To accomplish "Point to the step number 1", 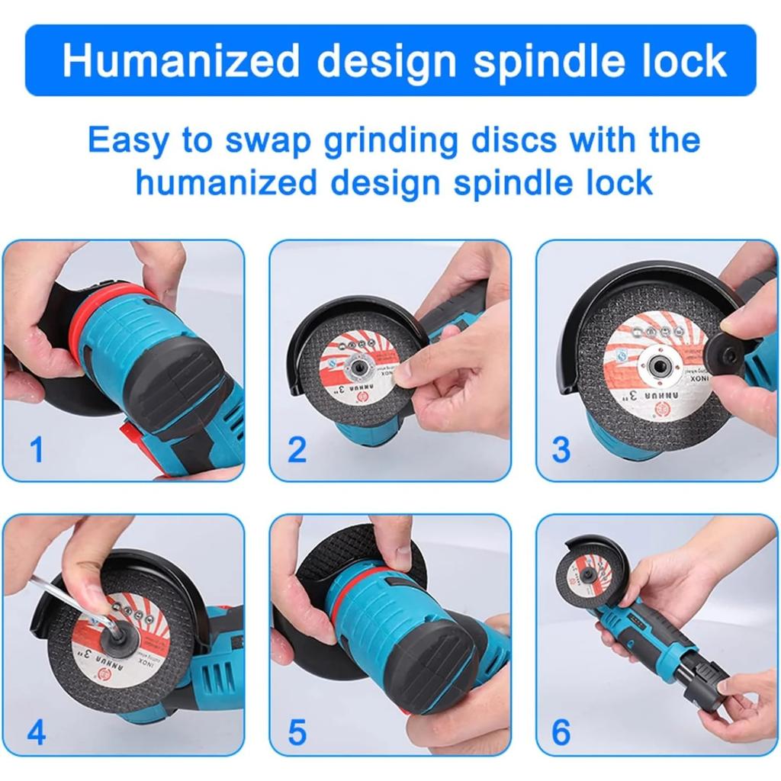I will coord(36,450).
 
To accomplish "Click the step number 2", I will coord(297,450).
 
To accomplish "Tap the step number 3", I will coord(561,450).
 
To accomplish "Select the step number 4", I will coord(36,733).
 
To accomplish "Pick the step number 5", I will coord(297,733).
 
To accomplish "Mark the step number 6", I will coord(561,733).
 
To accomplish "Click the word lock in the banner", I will coord(683,61).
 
